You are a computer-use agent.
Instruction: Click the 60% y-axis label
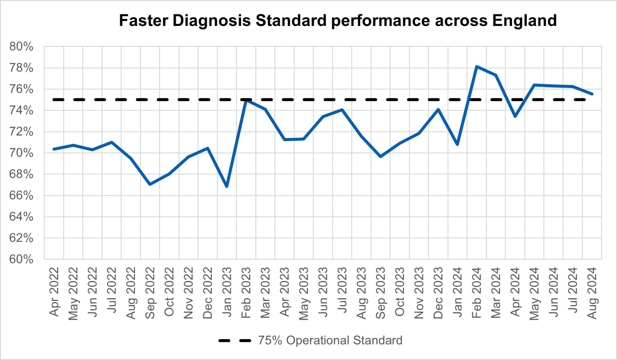coord(21,259)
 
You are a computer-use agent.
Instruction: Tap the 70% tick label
coord(21,153)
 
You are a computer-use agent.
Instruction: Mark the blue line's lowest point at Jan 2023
coord(227,187)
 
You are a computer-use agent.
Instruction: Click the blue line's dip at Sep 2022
coord(150,184)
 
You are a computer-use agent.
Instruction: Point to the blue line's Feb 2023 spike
coord(246,100)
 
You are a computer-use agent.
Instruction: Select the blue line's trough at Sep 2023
coord(381,157)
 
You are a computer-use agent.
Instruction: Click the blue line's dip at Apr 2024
coord(515,116)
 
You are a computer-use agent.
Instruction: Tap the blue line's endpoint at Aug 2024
coord(592,94)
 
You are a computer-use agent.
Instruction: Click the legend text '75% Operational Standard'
coord(330,340)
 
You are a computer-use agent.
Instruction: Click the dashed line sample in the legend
coord(235,341)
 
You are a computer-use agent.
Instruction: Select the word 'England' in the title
coord(524,21)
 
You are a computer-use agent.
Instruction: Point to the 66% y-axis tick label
coord(21,196)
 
